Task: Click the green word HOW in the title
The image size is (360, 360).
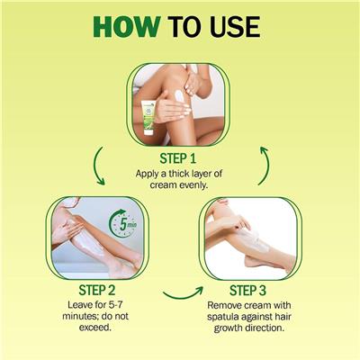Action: (127, 27)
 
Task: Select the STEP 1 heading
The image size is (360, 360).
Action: (178, 158)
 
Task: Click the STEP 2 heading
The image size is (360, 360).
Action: (97, 290)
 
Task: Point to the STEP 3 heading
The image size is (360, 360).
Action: (247, 291)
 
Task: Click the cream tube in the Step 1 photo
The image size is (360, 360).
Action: (148, 118)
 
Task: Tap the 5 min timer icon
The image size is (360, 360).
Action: (123, 223)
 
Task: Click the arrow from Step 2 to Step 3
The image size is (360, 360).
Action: (183, 294)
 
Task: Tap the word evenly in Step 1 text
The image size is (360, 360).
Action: (193, 185)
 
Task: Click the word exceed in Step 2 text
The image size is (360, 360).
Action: (95, 328)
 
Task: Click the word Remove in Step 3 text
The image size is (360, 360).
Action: (224, 305)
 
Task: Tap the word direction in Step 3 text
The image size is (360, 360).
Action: (265, 328)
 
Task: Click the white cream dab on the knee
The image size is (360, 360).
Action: (179, 96)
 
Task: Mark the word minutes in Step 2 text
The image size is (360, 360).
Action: (80, 316)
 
